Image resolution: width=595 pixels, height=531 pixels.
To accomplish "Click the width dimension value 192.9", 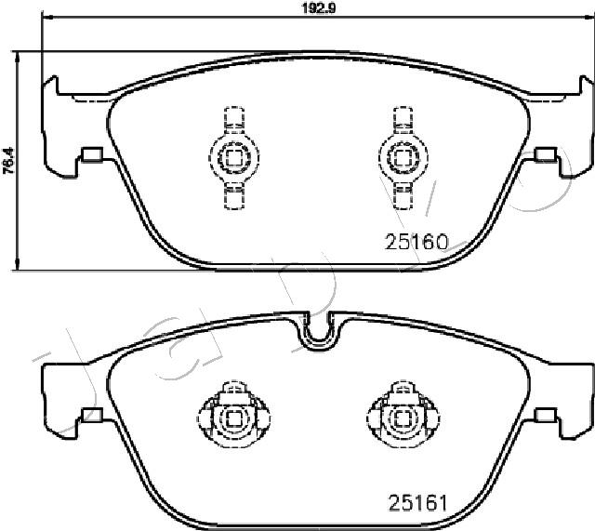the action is (x=319, y=7).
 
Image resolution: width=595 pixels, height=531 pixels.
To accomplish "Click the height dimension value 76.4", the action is (x=8, y=160).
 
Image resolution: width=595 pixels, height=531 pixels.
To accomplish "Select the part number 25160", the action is (x=416, y=242).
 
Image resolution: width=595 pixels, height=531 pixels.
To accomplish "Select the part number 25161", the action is (x=417, y=502).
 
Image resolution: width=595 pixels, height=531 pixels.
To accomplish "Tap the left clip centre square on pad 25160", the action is (x=233, y=158).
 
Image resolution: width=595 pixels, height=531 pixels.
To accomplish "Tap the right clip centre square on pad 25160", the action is (x=403, y=158).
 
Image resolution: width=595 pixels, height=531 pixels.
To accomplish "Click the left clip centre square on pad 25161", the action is (x=233, y=419).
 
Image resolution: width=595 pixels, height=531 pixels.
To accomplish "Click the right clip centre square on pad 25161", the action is (x=403, y=419).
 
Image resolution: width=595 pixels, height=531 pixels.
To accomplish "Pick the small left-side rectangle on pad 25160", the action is (x=92, y=154).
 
